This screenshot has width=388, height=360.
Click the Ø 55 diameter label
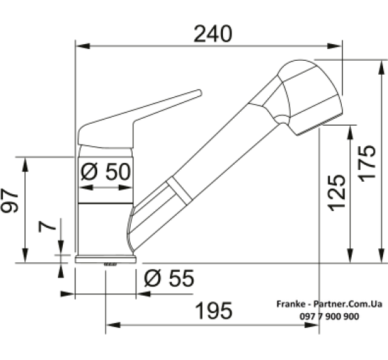[x=169, y=278]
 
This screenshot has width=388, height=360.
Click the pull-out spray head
[x=308, y=94]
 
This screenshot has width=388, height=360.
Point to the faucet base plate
[x=104, y=259]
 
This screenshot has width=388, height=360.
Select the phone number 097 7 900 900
[x=319, y=317]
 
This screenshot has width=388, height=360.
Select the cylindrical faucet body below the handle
[x=104, y=210]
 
